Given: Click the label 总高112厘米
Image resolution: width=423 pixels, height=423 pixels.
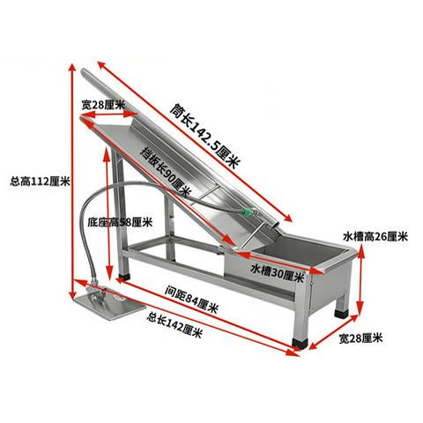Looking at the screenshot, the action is [41, 182].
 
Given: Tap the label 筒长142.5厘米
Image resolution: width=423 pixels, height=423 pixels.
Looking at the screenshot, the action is [205, 137].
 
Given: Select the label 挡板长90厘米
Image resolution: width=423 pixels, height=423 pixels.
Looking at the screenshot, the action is [166, 172].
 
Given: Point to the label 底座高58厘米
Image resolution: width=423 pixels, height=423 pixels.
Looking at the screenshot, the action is [120, 222].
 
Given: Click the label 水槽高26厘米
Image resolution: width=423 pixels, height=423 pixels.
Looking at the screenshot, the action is [375, 236].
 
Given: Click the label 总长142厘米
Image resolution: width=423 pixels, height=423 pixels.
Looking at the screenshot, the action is [175, 325].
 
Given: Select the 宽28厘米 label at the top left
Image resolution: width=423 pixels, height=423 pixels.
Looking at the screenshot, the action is [103, 105].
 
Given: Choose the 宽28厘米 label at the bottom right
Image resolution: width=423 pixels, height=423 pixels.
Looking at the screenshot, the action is [360, 338].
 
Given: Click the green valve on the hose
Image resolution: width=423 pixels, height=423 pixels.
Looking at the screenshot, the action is [247, 212].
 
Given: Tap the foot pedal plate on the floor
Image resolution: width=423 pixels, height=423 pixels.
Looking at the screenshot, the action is [109, 306].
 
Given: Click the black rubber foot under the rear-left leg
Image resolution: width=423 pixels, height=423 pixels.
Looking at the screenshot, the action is [125, 277].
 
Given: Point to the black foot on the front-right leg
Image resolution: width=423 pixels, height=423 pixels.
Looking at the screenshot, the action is [301, 343].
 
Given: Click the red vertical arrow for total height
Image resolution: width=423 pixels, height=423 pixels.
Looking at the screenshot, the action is [72, 181].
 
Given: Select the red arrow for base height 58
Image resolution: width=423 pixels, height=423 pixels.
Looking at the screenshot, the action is [108, 212].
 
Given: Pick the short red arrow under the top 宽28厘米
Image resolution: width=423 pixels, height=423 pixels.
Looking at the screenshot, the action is [108, 115].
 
